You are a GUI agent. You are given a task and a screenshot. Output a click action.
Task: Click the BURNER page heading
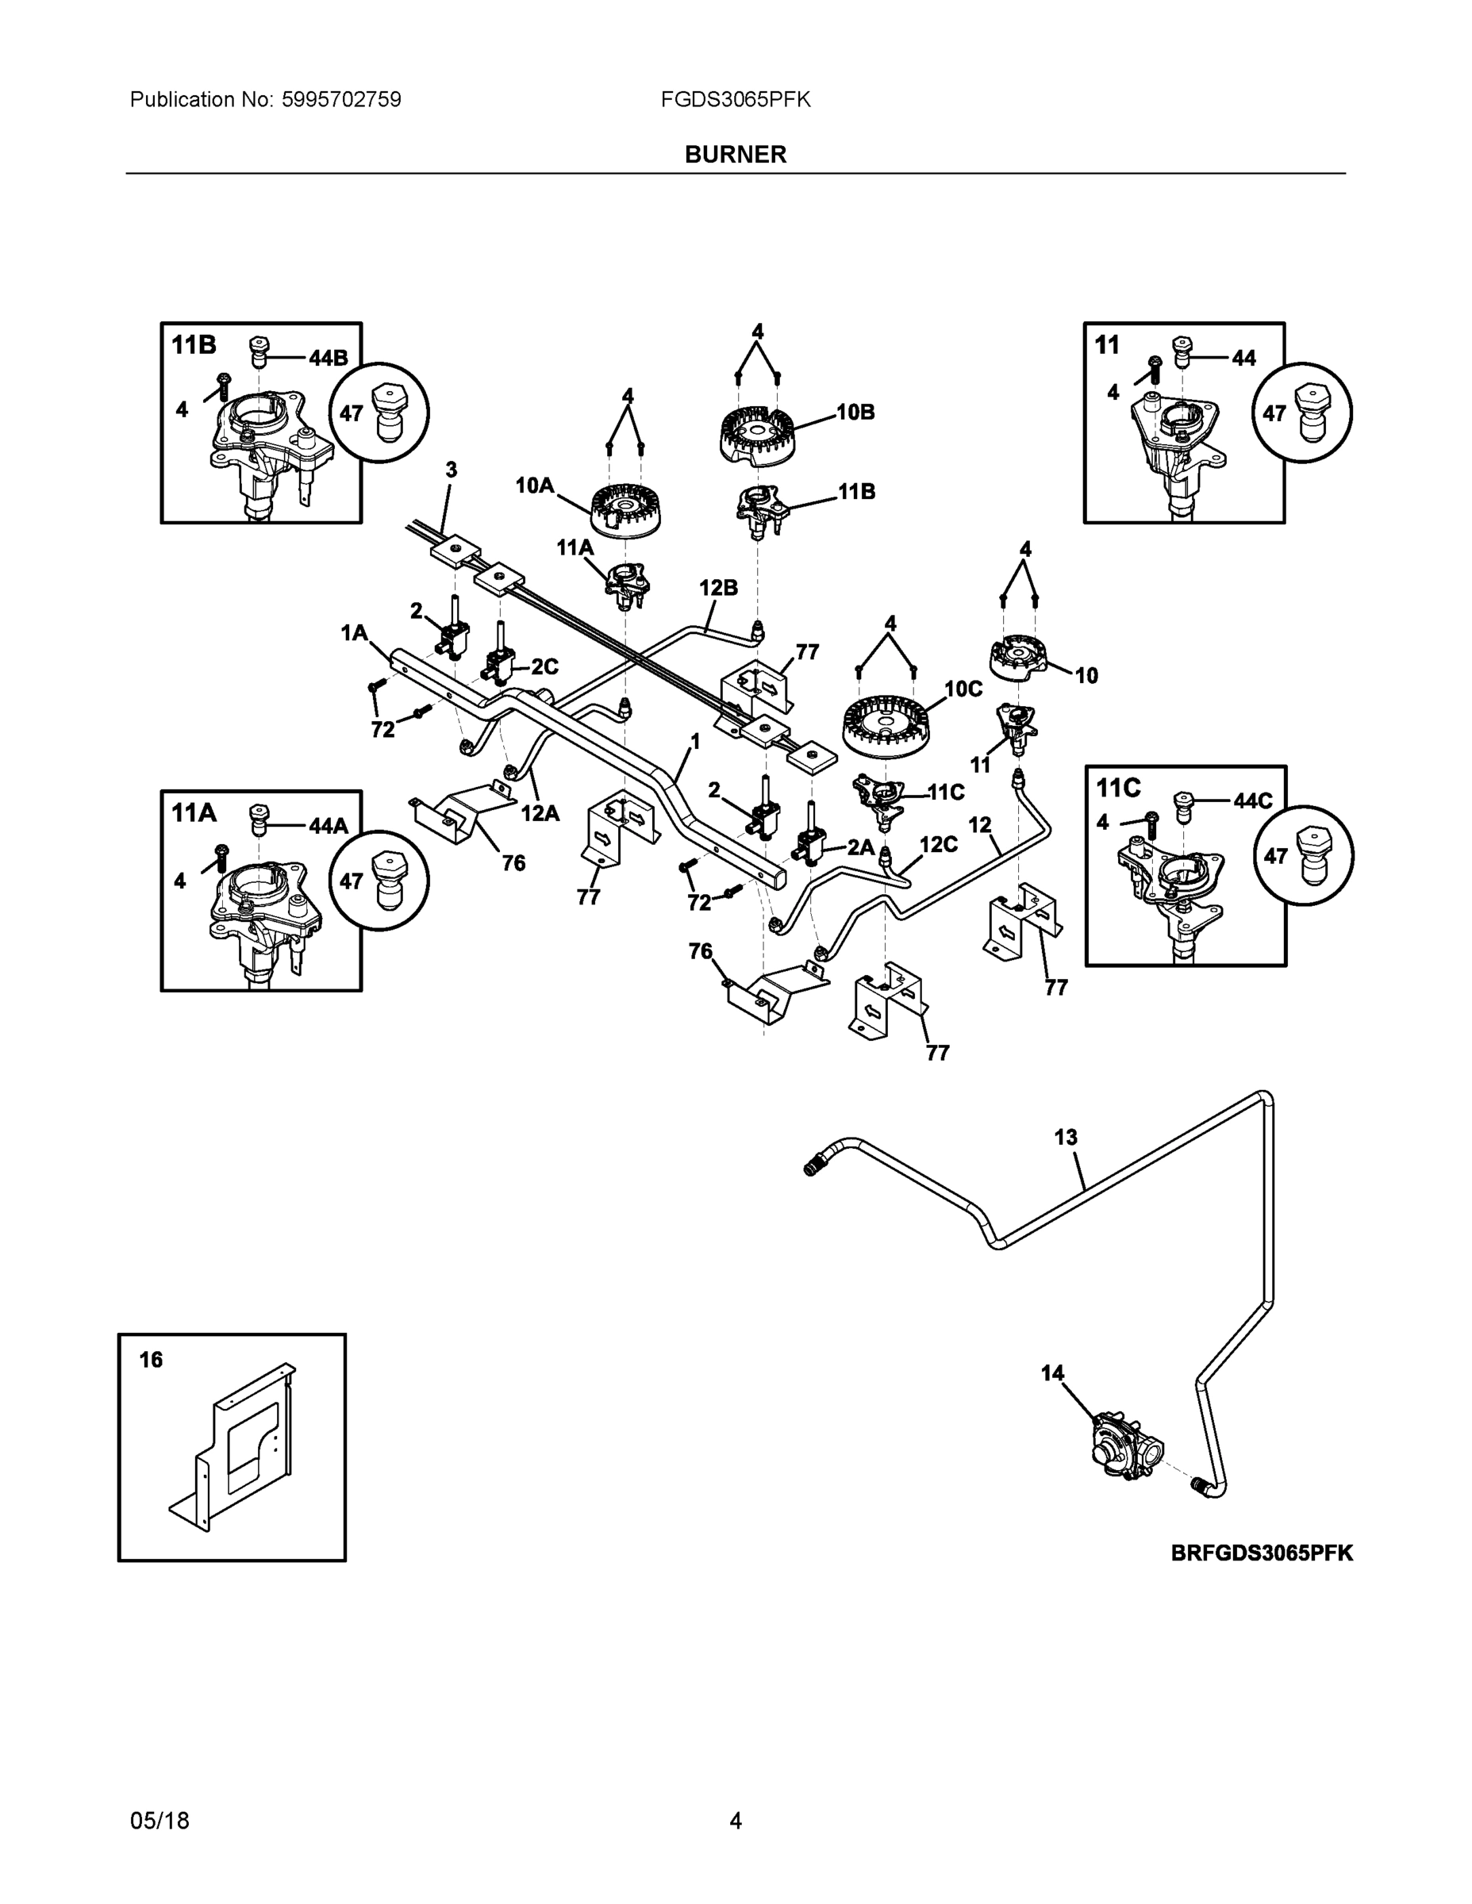[x=735, y=155]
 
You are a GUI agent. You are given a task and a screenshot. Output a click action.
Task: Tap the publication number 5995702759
[x=341, y=99]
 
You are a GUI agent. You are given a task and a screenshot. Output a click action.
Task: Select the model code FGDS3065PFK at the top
[x=735, y=99]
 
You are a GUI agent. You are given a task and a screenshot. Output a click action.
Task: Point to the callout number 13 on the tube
[x=1066, y=1138]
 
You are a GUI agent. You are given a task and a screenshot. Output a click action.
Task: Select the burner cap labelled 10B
[x=758, y=435]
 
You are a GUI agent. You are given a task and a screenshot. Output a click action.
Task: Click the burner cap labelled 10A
[x=625, y=511]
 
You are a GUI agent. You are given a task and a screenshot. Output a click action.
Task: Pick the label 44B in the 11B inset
[x=328, y=358]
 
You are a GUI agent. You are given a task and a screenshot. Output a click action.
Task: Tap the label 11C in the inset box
[x=1118, y=788]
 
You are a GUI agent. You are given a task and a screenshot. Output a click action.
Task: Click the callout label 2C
[x=545, y=667]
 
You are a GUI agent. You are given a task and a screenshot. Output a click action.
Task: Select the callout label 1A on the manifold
[x=354, y=633]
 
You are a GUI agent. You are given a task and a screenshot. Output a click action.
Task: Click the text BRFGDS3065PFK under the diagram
[x=1262, y=1553]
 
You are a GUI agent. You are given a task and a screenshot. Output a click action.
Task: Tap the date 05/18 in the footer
[x=159, y=1821]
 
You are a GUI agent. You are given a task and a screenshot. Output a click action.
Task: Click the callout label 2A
[x=861, y=846]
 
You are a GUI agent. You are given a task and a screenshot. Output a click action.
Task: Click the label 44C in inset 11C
[x=1253, y=800]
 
